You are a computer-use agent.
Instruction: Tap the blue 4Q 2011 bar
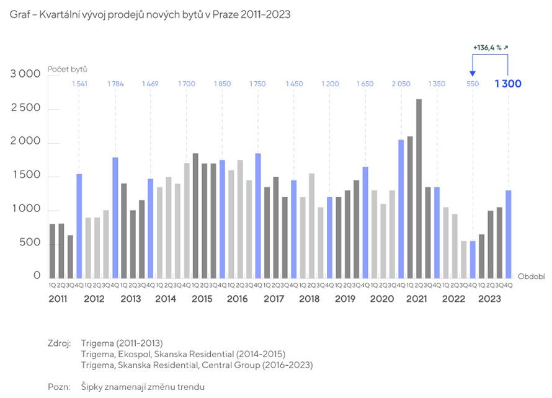79,226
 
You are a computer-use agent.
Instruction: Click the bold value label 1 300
508,84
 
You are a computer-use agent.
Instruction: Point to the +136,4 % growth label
490,47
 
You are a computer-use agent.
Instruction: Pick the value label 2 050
401,84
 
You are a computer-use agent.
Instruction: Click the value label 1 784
115,84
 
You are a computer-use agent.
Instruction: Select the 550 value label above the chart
473,84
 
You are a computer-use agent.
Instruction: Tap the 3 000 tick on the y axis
25,74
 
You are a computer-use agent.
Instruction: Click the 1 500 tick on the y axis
25,176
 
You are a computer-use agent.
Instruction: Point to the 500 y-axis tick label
30,243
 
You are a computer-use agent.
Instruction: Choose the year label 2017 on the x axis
274,299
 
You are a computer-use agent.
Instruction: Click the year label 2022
453,299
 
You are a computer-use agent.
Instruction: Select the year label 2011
59,299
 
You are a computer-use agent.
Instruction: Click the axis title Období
531,276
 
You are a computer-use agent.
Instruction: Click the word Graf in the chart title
20,14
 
